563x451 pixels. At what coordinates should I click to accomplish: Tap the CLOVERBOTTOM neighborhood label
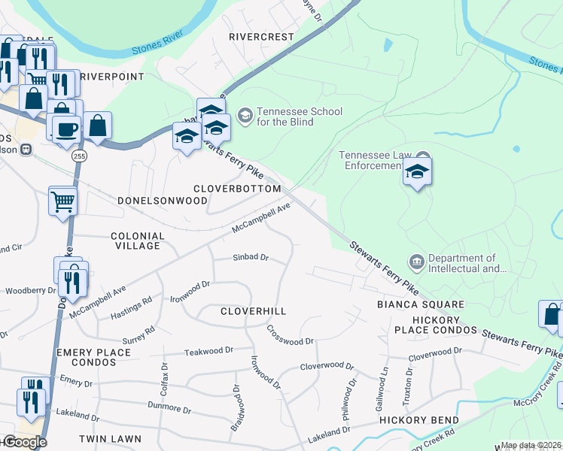pos(237,189)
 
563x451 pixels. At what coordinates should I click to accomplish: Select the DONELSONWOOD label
pos(163,201)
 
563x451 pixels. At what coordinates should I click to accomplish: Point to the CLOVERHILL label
pos(254,310)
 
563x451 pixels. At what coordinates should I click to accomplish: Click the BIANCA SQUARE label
pos(421,304)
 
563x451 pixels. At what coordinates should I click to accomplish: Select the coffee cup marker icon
pos(65,128)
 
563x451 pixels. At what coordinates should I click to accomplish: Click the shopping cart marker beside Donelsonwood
pos(63,200)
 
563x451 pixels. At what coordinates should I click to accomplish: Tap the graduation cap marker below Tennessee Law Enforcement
pos(417,174)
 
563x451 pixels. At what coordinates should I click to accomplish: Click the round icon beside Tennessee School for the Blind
pos(245,115)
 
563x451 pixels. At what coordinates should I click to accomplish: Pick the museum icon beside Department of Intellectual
pos(416,262)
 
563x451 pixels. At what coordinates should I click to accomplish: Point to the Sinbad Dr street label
pos(251,257)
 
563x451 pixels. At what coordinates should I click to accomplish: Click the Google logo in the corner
pos(24,442)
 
